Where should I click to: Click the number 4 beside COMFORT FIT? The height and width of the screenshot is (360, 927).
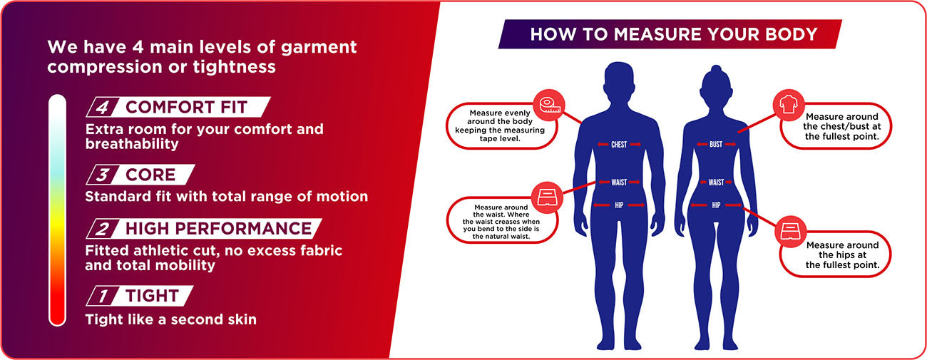click(103, 108)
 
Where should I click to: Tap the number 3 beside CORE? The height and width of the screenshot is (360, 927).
click(103, 175)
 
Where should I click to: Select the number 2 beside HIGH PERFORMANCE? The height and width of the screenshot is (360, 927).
click(103, 229)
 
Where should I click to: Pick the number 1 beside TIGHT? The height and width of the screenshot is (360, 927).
click(103, 296)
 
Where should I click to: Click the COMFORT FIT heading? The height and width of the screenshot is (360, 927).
click(186, 108)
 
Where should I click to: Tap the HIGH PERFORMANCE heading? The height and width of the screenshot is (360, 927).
click(218, 229)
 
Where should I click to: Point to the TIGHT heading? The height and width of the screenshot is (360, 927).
click(150, 296)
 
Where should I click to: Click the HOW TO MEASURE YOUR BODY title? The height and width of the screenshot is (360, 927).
click(673, 34)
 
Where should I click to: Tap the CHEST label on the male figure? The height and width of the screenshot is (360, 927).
click(619, 145)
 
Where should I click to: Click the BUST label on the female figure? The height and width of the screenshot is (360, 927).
click(716, 145)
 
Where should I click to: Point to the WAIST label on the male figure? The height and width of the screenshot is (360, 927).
click(619, 182)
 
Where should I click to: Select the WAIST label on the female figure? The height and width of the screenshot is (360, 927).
click(716, 182)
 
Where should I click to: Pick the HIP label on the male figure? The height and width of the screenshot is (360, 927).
click(619, 205)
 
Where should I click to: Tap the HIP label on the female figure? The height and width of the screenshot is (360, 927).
click(716, 205)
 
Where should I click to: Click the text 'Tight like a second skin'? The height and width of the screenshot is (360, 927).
click(170, 319)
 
